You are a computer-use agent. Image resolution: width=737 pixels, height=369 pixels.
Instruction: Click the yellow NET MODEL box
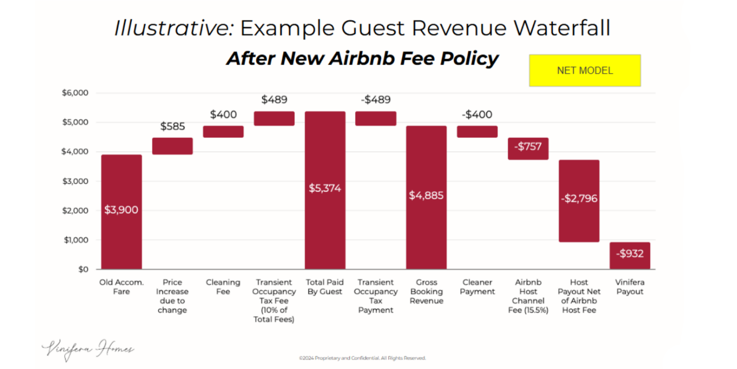(x=585, y=70)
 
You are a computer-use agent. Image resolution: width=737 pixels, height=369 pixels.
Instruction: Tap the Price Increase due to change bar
(x=172, y=146)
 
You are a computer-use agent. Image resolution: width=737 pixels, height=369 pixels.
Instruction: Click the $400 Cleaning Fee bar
(x=223, y=132)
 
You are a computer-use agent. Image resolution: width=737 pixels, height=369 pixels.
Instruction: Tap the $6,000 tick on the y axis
(x=75, y=93)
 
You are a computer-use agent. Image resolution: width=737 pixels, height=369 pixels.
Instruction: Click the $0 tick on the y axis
(x=83, y=269)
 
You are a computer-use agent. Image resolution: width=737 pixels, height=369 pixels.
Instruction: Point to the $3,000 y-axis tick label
(x=75, y=181)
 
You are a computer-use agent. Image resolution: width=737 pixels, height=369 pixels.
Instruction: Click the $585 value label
(x=172, y=127)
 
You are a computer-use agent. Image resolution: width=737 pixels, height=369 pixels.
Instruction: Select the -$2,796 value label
(x=579, y=199)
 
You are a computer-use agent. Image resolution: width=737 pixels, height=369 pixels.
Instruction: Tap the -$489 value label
(x=376, y=100)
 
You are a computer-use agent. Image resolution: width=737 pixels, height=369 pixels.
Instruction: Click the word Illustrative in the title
(x=174, y=28)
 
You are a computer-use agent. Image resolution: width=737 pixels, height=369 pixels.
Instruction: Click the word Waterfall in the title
(x=562, y=28)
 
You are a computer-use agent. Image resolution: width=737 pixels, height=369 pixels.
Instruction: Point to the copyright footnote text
(x=362, y=358)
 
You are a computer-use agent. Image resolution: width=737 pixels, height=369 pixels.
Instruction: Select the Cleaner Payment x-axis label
(x=477, y=287)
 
